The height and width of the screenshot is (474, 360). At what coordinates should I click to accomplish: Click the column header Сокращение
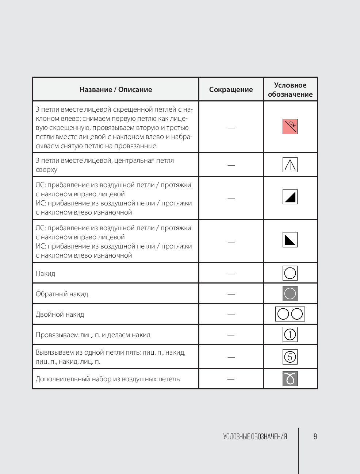pyautogui.click(x=231, y=90)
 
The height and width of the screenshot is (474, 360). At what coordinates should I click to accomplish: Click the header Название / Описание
pyautogui.click(x=116, y=90)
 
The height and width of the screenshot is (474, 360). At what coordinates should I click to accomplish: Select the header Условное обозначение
pyautogui.click(x=290, y=90)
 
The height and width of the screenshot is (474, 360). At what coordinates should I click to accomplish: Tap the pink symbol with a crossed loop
pyautogui.click(x=290, y=127)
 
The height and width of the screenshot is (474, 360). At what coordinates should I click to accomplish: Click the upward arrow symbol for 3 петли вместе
pyautogui.click(x=290, y=165)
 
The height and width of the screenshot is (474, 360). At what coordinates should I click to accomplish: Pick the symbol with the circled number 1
pyautogui.click(x=290, y=334)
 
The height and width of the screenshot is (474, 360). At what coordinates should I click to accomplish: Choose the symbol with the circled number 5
pyautogui.click(x=290, y=357)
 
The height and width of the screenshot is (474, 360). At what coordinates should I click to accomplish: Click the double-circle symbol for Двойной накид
pyautogui.click(x=290, y=314)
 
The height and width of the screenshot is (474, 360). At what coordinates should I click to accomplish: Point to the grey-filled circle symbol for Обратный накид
pyautogui.click(x=290, y=293)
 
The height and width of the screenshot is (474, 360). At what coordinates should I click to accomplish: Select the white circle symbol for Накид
pyautogui.click(x=290, y=273)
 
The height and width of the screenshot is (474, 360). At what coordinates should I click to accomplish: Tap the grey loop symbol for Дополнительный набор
pyautogui.click(x=290, y=378)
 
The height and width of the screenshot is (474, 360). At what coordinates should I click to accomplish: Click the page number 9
pyautogui.click(x=315, y=436)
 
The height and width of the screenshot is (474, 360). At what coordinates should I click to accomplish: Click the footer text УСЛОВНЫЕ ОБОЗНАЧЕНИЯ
pyautogui.click(x=255, y=436)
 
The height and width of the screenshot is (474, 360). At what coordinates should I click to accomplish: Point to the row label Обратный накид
pyautogui.click(x=62, y=294)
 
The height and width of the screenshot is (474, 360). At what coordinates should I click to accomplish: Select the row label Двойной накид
pyautogui.click(x=60, y=315)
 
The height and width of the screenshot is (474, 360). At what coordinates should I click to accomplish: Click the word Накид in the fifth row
pyautogui.click(x=45, y=274)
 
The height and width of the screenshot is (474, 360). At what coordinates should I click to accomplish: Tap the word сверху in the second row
pyautogui.click(x=46, y=170)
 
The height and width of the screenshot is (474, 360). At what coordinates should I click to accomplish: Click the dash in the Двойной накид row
pyautogui.click(x=231, y=315)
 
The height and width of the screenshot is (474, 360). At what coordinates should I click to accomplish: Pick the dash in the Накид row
pyautogui.click(x=231, y=274)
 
